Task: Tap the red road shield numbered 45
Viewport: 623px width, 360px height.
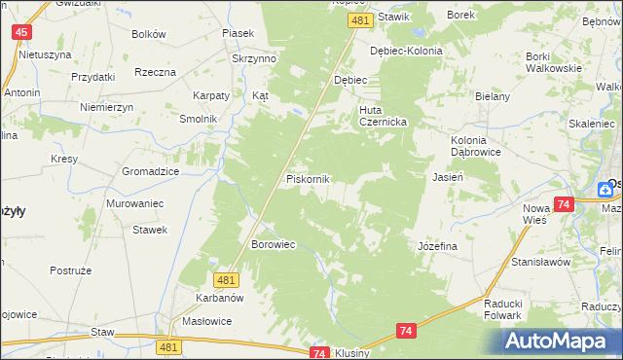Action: pos(21,33)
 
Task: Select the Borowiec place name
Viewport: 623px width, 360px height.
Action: pos(273,243)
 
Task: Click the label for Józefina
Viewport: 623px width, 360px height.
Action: pos(437,246)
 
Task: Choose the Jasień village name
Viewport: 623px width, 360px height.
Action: pos(447,177)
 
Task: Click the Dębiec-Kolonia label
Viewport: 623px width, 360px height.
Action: pos(407,51)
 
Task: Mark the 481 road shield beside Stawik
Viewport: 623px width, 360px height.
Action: pos(360,20)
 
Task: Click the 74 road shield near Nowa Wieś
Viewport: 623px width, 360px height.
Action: pos(564,204)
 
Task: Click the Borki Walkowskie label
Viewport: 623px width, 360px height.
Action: pos(553,61)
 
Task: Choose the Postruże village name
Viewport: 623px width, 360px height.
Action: pos(70,269)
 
